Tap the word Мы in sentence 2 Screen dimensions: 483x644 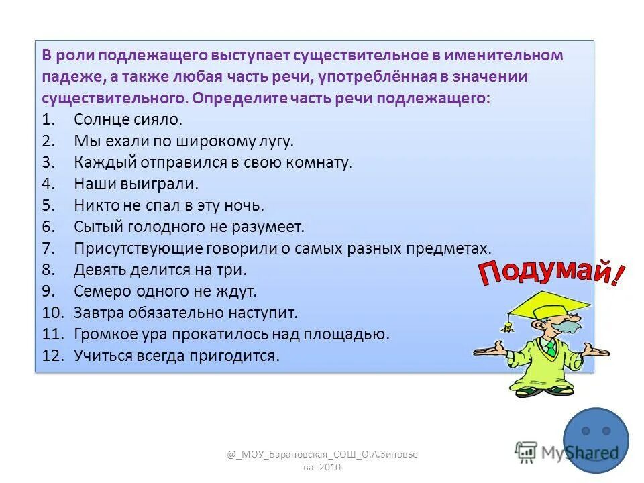coord(85,142)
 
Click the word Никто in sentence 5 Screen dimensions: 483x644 coord(94,205)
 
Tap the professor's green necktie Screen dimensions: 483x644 coord(550,349)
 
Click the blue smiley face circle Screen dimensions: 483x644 coord(596,440)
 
